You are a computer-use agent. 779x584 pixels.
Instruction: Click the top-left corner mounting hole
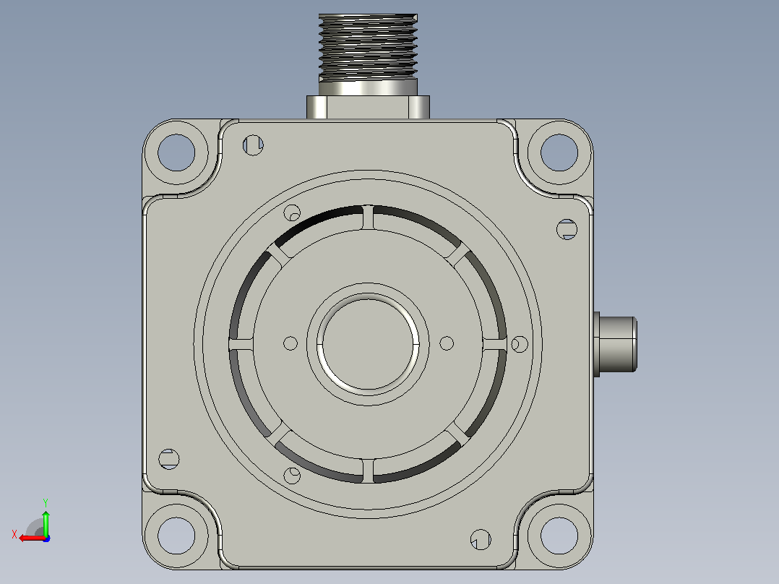pyautogui.click(x=176, y=152)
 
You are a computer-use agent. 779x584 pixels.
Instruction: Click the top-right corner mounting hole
pyautogui.click(x=559, y=152)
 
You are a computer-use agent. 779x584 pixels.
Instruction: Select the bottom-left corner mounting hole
pyautogui.click(x=176, y=536)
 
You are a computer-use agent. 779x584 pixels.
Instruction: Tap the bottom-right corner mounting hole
pyautogui.click(x=559, y=536)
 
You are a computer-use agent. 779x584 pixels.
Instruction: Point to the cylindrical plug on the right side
pyautogui.click(x=616, y=344)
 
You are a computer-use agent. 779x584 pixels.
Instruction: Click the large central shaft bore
pyautogui.click(x=368, y=343)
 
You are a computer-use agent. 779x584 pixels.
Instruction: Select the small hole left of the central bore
pyautogui.click(x=290, y=343)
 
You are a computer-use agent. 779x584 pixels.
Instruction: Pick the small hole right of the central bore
pyautogui.click(x=447, y=343)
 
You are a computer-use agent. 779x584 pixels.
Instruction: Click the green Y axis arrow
pyautogui.click(x=46, y=521)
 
